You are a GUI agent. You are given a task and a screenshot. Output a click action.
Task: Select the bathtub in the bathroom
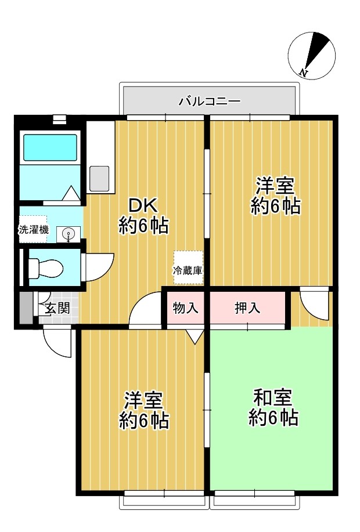[x=49, y=148]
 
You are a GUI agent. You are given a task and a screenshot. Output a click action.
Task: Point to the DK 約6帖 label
[x=143, y=215]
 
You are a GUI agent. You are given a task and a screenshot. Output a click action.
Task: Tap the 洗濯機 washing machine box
[x=33, y=229]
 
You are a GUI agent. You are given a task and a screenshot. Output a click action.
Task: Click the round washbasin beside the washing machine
[x=69, y=234]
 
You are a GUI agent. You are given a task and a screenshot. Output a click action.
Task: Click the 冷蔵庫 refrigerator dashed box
[x=188, y=269]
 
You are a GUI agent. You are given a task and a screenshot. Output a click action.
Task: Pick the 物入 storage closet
[x=186, y=308]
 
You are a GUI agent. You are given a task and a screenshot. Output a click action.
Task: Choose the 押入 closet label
[x=247, y=308]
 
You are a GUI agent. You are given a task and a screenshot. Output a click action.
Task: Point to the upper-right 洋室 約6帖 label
[x=275, y=197]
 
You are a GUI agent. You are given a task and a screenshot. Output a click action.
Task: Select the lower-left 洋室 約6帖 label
[x=143, y=410]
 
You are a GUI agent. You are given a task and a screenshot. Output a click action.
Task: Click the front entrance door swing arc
[x=57, y=343]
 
